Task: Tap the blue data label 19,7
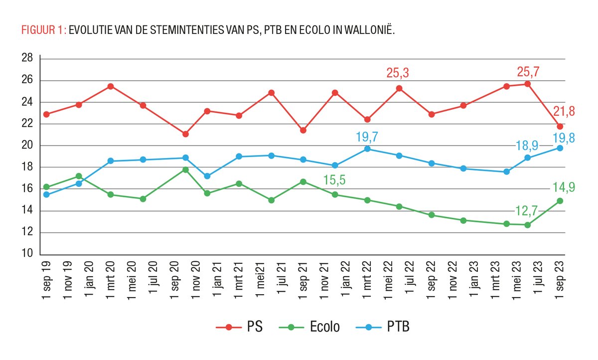[x=367, y=135]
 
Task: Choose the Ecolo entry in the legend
[x=309, y=327]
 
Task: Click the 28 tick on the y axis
[x=27, y=59]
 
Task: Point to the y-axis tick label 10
[x=27, y=254]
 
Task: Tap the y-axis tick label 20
[x=27, y=146]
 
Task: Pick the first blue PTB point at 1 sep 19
[x=46, y=194]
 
